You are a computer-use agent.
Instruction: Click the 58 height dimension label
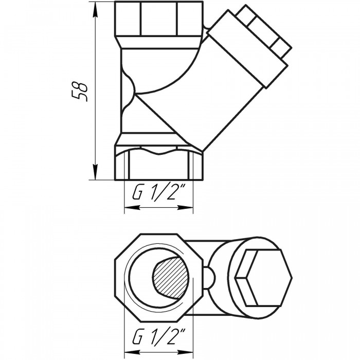80,92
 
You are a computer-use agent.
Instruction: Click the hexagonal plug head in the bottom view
263,278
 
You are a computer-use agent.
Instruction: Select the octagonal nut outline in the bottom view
158,278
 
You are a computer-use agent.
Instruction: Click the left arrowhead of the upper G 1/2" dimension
132,207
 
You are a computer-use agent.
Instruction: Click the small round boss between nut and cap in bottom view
209,278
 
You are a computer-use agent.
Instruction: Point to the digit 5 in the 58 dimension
80,97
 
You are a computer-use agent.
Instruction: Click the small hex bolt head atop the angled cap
264,31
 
